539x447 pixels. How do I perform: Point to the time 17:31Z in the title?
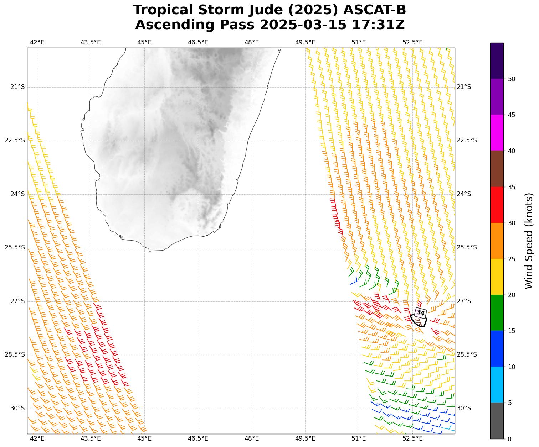(378, 25)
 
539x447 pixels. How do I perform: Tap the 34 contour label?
(421, 313)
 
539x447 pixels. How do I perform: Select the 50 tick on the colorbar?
(512, 79)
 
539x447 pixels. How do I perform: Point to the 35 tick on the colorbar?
(512, 187)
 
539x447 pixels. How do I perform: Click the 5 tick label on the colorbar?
(510, 403)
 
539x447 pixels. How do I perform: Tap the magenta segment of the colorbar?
(497, 133)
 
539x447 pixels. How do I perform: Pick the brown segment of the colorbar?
(497, 169)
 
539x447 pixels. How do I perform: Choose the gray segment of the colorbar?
(497, 421)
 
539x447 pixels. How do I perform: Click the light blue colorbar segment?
(497, 384)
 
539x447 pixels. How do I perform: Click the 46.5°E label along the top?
(198, 43)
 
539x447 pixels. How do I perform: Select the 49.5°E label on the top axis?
(305, 43)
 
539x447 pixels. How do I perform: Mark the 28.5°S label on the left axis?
(15, 355)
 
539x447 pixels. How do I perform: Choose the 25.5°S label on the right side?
(467, 248)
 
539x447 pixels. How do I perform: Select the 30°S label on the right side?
(464, 408)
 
